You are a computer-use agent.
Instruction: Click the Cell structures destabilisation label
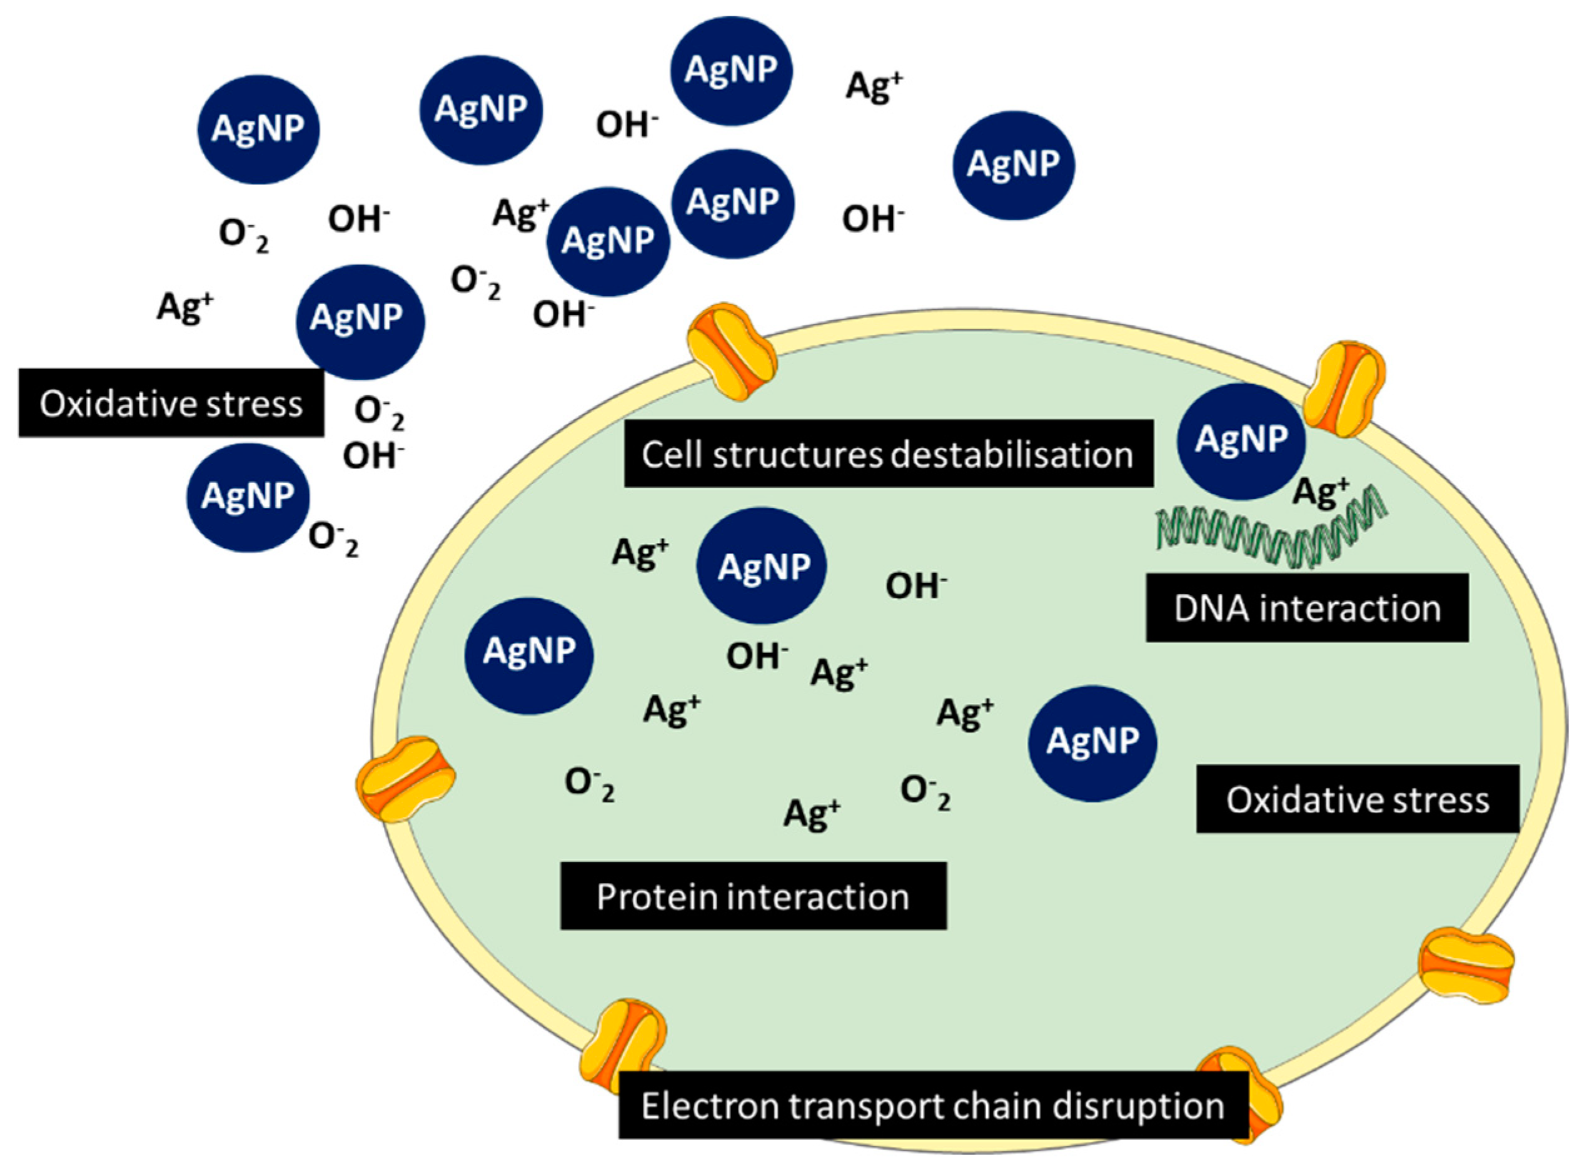pyautogui.click(x=887, y=454)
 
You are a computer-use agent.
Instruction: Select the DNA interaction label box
pyautogui.click(x=1306, y=609)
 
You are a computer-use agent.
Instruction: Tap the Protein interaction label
pyautogui.click(x=753, y=896)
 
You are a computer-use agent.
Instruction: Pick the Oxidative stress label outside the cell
pyautogui.click(x=171, y=403)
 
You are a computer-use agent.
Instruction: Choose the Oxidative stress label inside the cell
pyautogui.click(x=1357, y=799)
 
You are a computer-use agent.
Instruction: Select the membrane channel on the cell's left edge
pyautogui.click(x=405, y=778)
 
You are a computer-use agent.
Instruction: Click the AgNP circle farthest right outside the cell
pyautogui.click(x=1012, y=164)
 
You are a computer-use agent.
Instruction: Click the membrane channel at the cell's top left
pyautogui.click(x=732, y=351)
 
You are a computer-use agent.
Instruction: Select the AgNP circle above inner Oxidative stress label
pyautogui.click(x=1092, y=742)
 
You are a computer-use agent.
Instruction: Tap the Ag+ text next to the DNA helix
pyautogui.click(x=1320, y=491)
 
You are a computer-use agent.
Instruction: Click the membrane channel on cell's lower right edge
pyautogui.click(x=1466, y=966)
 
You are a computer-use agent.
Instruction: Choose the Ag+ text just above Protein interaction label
pyautogui.click(x=812, y=812)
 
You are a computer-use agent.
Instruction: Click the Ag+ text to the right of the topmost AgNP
pyautogui.click(x=874, y=86)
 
